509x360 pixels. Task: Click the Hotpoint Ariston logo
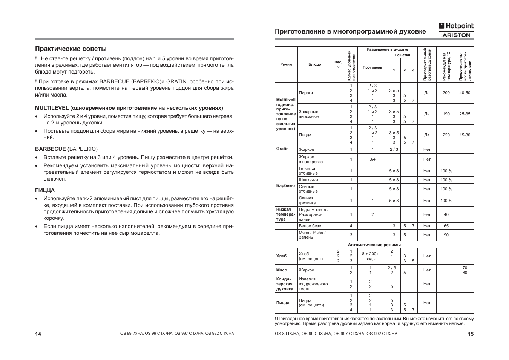[456, 30]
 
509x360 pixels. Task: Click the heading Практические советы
[71, 49]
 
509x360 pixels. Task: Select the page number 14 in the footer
[38, 334]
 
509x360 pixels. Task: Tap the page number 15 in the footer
[471, 334]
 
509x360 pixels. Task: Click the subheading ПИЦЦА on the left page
[45, 190]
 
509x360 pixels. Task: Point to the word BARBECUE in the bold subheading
[51, 149]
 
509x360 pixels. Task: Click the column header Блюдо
[314, 64]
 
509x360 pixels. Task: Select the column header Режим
[286, 64]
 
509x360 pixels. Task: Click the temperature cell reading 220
[446, 135]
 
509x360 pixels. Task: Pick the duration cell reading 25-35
[465, 114]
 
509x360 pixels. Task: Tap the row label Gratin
[282, 149]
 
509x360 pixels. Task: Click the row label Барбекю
[285, 185]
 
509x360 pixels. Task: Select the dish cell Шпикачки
[308, 180]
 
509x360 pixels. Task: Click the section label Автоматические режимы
[374, 245]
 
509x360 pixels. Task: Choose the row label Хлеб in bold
[281, 256]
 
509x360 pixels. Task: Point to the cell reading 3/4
[372, 159]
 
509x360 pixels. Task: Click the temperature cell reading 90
[446, 235]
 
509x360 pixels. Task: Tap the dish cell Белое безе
[310, 226]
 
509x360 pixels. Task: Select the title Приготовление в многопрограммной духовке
[350, 32]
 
